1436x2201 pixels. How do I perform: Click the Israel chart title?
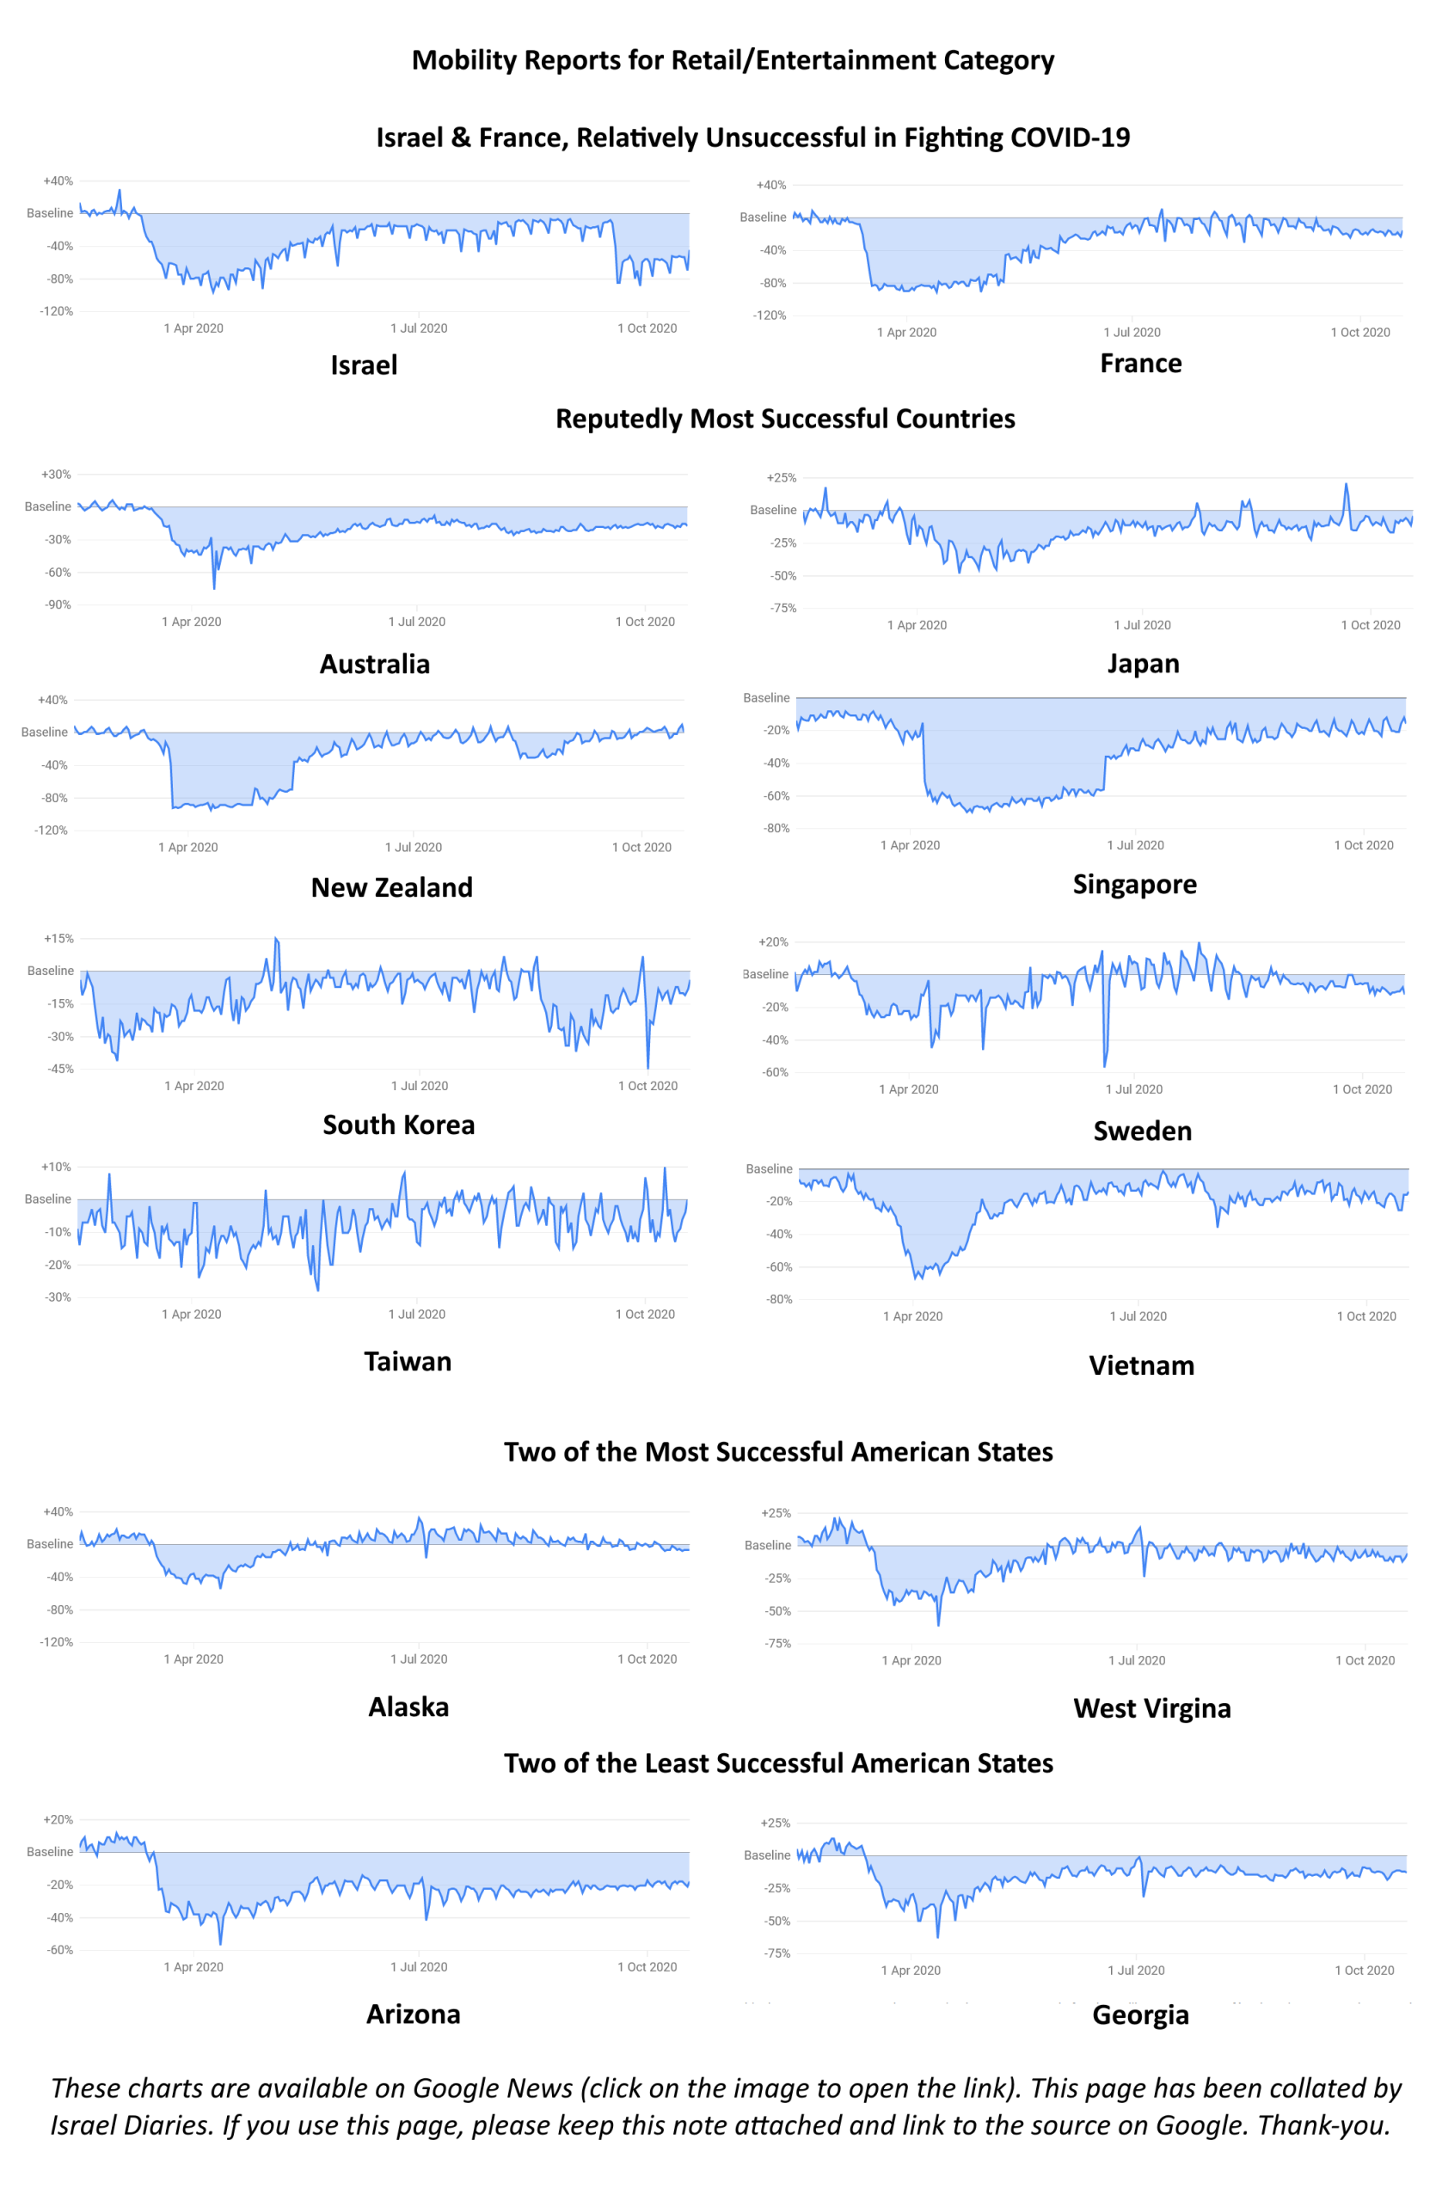click(365, 365)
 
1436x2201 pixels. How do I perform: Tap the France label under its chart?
click(1140, 364)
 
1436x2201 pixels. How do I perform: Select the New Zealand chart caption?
click(391, 888)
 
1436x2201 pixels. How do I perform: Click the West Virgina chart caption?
click(1151, 1708)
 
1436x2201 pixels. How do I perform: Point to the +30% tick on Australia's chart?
click(56, 475)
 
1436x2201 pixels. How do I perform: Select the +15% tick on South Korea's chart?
click(58, 939)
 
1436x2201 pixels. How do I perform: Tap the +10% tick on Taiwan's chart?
click(56, 1167)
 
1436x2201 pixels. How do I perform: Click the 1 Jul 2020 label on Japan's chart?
click(1142, 625)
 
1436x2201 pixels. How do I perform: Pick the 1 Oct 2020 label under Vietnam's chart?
click(1365, 1316)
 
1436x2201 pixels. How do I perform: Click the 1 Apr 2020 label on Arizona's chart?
click(193, 1967)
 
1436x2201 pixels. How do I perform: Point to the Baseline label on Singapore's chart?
click(765, 698)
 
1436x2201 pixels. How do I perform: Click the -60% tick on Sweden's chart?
click(775, 1073)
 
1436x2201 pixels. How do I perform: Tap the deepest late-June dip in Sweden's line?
click(1104, 1064)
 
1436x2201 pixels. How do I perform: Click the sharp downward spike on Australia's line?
click(214, 587)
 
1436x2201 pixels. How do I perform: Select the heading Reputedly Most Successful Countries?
click(784, 419)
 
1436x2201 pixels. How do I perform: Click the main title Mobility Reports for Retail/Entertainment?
click(733, 60)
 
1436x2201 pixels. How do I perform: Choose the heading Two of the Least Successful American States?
click(777, 1763)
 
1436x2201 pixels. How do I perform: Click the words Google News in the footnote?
click(492, 2088)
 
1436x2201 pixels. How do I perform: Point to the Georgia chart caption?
click(1140, 2015)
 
